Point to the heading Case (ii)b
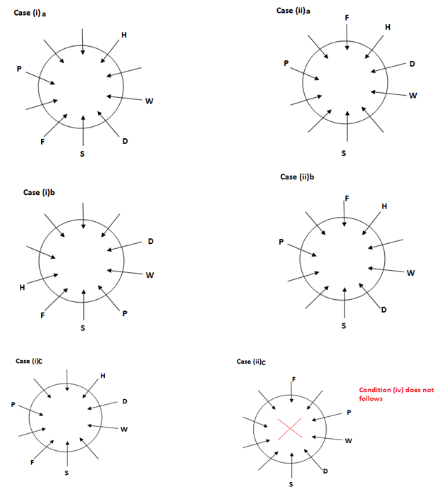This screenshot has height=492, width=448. click(x=298, y=177)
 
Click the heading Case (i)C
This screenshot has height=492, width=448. click(x=30, y=361)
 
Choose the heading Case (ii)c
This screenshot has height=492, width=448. click(x=252, y=361)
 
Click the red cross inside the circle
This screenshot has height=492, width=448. click(x=290, y=428)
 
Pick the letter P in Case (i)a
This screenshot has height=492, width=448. click(x=20, y=69)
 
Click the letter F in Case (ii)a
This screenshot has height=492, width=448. click(x=347, y=16)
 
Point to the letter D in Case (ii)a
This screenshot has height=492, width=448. click(x=412, y=65)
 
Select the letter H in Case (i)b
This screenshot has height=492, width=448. click(x=22, y=287)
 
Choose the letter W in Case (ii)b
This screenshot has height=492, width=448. click(x=410, y=275)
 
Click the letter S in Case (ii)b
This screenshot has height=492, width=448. click(x=344, y=327)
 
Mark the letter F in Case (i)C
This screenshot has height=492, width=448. click(x=33, y=462)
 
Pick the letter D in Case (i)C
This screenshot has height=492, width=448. click(x=125, y=402)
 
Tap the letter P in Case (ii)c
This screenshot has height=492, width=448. click(x=349, y=413)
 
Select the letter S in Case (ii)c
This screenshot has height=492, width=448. click(x=291, y=484)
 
